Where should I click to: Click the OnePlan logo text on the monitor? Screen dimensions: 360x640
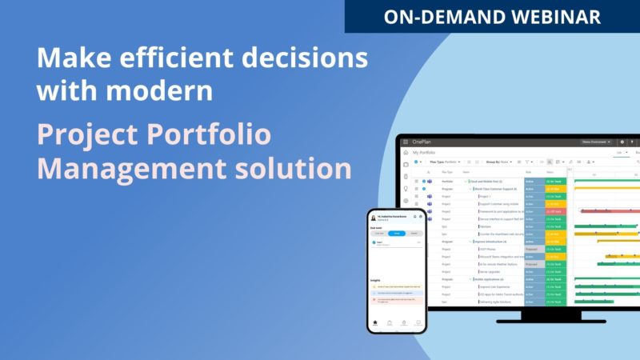pos(422,142)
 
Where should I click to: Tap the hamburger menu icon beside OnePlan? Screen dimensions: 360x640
pos(406,142)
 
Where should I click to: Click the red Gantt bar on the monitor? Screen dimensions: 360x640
pos(608,211)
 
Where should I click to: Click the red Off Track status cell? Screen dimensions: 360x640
pos(554,211)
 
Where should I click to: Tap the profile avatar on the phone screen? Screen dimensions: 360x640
pos(374,218)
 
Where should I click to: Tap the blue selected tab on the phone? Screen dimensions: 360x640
pos(397,233)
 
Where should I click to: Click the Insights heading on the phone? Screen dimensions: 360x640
pos(375,280)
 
